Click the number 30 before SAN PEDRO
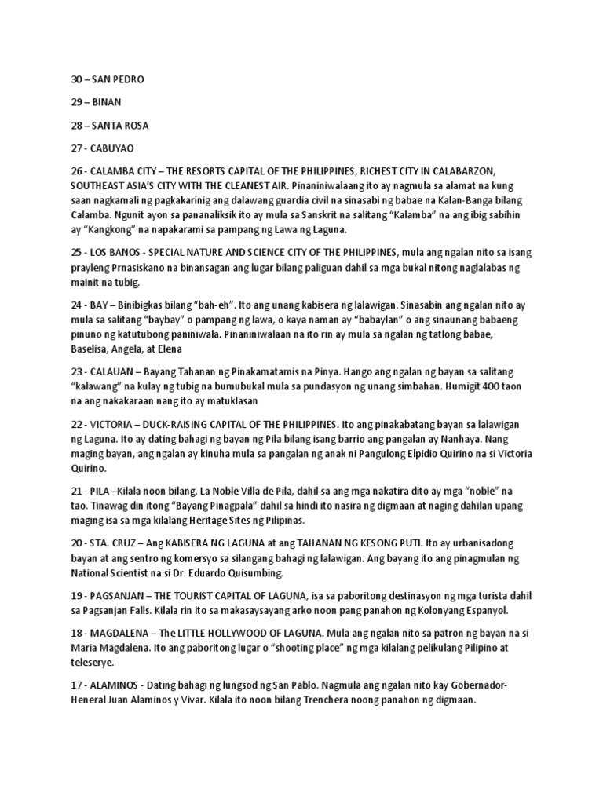[x=69, y=79]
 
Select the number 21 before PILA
[x=68, y=491]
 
